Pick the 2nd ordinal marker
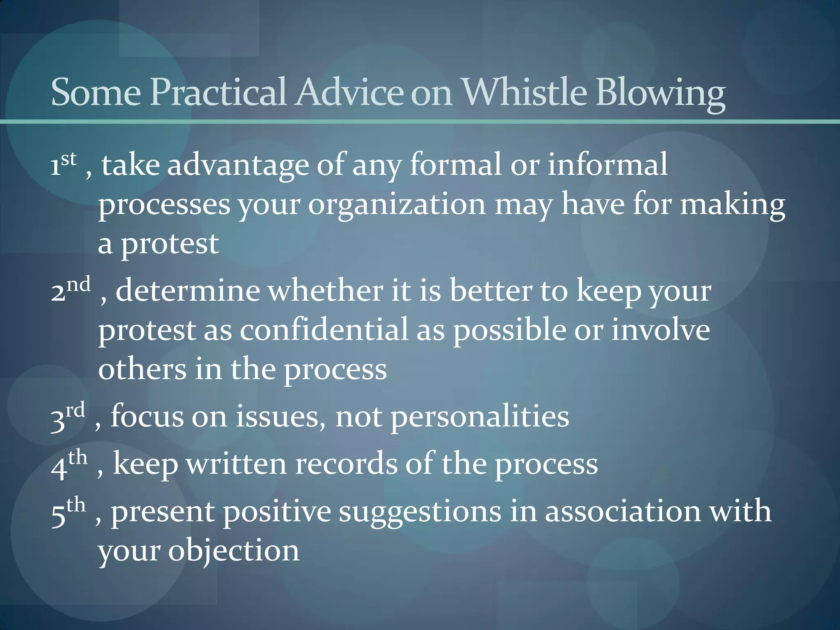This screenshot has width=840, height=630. pyautogui.click(x=70, y=290)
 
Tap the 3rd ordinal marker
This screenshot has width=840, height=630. pyautogui.click(x=67, y=416)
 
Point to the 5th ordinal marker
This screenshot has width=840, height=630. pyautogui.click(x=68, y=511)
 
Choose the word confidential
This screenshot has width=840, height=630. pyautogui.click(x=324, y=330)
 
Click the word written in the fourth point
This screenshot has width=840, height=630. pyautogui.click(x=236, y=464)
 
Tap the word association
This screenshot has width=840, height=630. pyautogui.click(x=623, y=511)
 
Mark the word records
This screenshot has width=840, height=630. pyautogui.click(x=346, y=464)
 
